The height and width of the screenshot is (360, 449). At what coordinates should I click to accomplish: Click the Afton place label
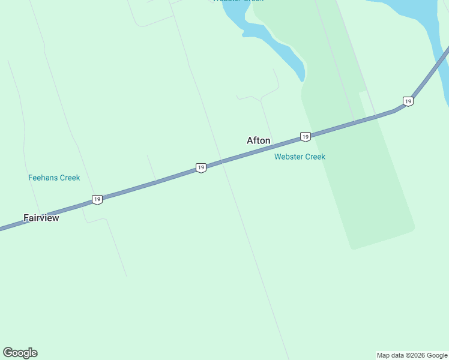tap(259, 140)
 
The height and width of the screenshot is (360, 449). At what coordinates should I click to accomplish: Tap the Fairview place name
tap(41, 218)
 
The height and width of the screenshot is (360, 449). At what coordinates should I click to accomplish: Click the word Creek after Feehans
tap(69, 178)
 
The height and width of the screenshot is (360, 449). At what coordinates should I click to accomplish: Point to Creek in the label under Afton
tap(315, 157)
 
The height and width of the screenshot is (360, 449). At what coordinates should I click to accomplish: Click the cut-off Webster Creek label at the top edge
tap(238, 1)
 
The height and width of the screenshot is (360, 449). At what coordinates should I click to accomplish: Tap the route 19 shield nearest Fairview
tap(97, 199)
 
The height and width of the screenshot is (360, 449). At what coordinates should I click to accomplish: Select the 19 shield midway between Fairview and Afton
tap(201, 168)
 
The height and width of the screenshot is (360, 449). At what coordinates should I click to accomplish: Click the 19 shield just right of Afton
tap(306, 137)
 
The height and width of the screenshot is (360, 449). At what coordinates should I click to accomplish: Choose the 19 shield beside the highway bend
tap(408, 101)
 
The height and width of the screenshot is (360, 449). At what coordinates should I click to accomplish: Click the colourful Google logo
tap(20, 353)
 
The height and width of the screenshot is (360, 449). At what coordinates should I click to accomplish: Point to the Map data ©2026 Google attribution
tap(412, 355)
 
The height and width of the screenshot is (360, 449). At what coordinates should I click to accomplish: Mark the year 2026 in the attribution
tap(417, 355)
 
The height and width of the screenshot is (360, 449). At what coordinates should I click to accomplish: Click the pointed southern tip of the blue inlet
tap(303, 80)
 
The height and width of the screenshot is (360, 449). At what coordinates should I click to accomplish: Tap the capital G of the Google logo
tap(8, 353)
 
